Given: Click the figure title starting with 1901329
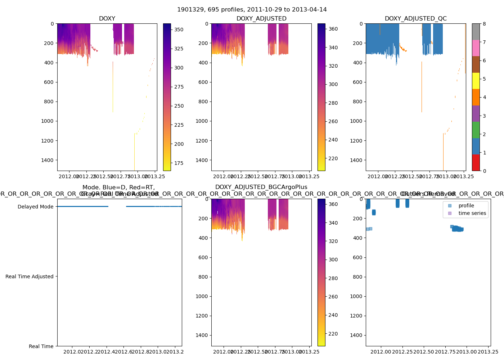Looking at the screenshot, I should click(x=252, y=10).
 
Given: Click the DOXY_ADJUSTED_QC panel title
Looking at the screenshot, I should click(x=415, y=19).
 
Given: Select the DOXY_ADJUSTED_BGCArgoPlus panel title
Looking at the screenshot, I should click(x=261, y=187).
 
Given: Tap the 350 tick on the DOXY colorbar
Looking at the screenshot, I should click(x=179, y=30).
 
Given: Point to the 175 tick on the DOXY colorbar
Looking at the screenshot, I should click(x=179, y=163).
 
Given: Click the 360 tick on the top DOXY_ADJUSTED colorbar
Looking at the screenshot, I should click(x=333, y=29).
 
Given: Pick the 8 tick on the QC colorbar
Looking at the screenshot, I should click(x=484, y=24).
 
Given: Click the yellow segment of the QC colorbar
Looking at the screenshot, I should click(x=476, y=81).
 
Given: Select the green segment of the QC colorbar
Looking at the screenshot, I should click(x=476, y=130).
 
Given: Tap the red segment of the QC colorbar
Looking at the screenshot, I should click(x=476, y=163).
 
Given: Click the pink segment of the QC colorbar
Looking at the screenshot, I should click(x=476, y=48).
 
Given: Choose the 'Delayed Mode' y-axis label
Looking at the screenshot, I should click(x=35, y=207).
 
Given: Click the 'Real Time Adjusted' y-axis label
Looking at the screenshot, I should click(x=29, y=276).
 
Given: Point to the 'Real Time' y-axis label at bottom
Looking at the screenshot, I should click(x=41, y=346).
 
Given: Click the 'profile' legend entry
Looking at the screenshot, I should click(x=466, y=206).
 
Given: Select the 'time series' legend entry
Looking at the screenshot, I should click(x=472, y=213).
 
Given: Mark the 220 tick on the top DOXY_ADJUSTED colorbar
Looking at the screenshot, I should click(x=333, y=158).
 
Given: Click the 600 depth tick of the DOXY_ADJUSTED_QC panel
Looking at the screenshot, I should click(x=357, y=82).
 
